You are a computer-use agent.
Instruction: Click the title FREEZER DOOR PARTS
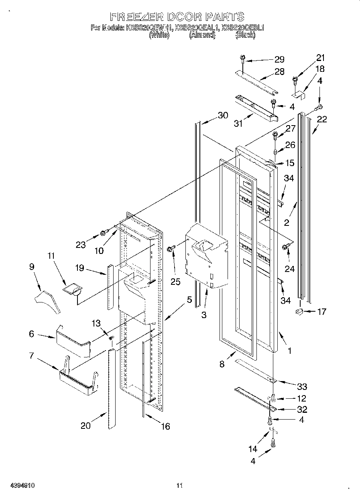click(177, 16)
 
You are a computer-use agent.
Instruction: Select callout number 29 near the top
click(279, 59)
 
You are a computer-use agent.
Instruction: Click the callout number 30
click(223, 116)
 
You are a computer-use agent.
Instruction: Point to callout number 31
click(238, 124)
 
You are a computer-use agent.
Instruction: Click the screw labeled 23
click(104, 232)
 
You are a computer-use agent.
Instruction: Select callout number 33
click(302, 386)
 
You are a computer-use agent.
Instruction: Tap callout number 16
click(165, 426)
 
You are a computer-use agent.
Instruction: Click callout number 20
click(86, 426)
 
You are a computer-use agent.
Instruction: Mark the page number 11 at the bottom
click(180, 486)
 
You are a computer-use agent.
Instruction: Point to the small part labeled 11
click(73, 289)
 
